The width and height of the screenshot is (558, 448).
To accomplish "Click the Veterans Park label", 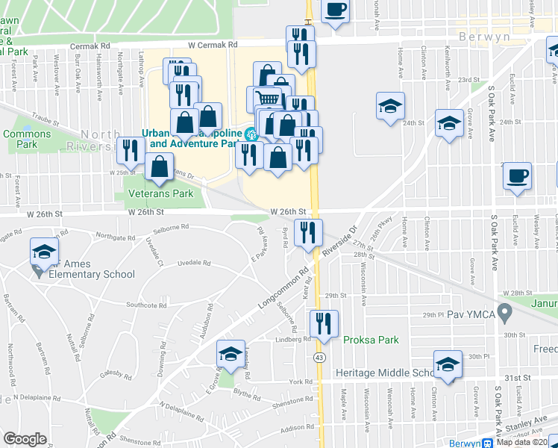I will pos(160,193).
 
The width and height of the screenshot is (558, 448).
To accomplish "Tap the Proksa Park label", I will pos(371,340).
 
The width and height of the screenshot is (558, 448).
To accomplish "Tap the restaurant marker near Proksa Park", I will pos(323,323).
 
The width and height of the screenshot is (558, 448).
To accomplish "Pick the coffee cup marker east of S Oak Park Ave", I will pos(516,176).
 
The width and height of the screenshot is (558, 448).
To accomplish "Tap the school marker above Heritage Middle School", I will pos(448,364).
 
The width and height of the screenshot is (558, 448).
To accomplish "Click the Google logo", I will pos(25,439).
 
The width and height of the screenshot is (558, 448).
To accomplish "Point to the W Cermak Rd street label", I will pos(212,45).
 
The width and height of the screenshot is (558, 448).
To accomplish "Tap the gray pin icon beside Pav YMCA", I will pos(504,311).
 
